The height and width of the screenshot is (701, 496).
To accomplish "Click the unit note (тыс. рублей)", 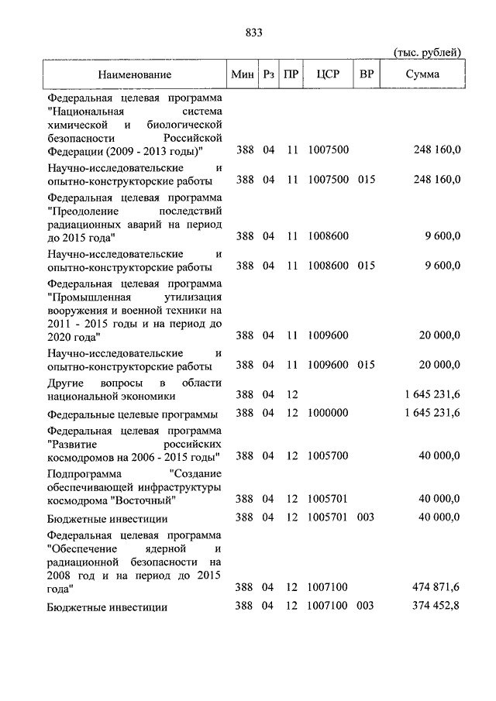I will (x=428, y=52).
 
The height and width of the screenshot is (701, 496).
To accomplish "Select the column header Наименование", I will (x=134, y=74).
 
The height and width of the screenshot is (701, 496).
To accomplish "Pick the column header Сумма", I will (x=422, y=74).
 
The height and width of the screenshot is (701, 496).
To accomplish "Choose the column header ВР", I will (x=365, y=74).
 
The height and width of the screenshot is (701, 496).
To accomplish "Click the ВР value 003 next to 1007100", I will (x=367, y=606).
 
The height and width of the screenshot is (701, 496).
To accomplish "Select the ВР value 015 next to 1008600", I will (x=367, y=265).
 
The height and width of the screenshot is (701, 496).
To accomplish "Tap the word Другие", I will (x=66, y=382).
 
